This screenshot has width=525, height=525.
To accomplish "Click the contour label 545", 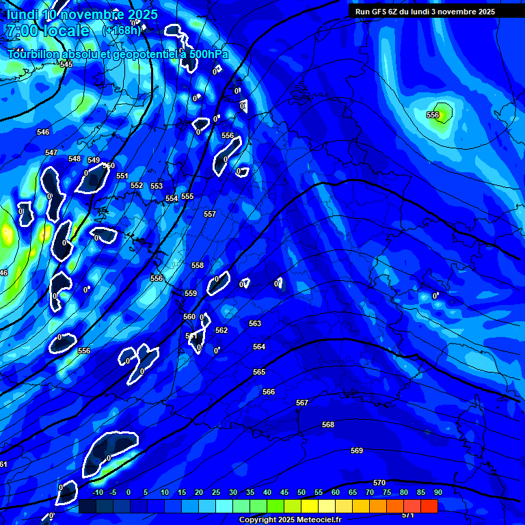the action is (x=66, y=64).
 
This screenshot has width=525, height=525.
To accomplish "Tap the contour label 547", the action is (x=51, y=152).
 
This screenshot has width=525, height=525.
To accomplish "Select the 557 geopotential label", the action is (x=210, y=214).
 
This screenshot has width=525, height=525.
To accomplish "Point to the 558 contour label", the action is (x=198, y=265).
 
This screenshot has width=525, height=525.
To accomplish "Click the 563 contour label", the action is (x=255, y=323).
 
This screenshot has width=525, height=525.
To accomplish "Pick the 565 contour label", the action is (x=259, y=372).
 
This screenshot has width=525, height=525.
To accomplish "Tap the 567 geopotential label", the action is (x=302, y=403).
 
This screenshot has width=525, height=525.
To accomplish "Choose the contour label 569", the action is (x=357, y=450).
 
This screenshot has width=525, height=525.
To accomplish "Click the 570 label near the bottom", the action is (x=379, y=483).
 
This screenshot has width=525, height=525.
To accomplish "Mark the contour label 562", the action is (x=221, y=330).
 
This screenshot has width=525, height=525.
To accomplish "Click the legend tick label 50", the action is (x=301, y=492).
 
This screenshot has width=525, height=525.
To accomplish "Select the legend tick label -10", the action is (x=98, y=492).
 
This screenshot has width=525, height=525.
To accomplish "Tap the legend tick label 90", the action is (x=437, y=492).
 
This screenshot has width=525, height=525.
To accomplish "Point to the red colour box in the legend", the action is (x=429, y=506).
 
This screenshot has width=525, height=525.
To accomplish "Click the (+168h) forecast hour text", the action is (x=122, y=30).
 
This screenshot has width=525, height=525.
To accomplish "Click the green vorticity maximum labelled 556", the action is (x=438, y=115).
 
